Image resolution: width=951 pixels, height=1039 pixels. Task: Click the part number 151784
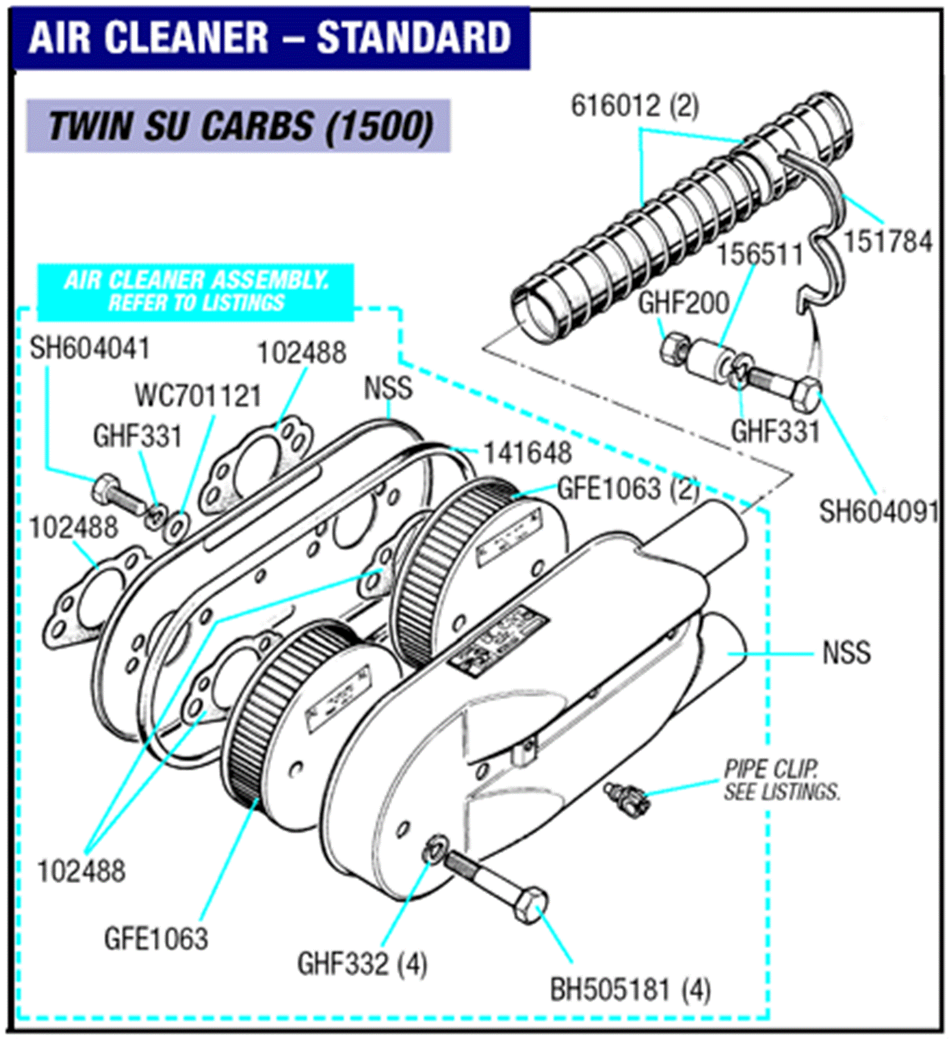click(x=888, y=242)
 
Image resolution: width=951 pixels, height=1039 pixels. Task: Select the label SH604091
click(x=878, y=511)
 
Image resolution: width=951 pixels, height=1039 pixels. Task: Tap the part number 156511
click(x=760, y=255)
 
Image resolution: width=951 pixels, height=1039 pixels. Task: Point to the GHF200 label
click(x=683, y=303)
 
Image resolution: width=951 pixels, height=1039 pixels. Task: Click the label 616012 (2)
click(x=635, y=106)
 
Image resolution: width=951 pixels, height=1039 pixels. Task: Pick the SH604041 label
click(x=90, y=348)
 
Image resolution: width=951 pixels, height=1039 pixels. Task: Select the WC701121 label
click(x=198, y=396)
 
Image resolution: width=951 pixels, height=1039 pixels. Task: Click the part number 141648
click(x=528, y=453)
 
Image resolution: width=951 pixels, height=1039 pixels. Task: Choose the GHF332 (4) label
click(x=362, y=964)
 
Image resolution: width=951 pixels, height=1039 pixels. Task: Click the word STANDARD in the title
click(x=413, y=37)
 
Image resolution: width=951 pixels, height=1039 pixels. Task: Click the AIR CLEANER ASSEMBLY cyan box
click(x=196, y=292)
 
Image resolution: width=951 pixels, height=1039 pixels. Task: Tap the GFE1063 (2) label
click(x=628, y=489)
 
